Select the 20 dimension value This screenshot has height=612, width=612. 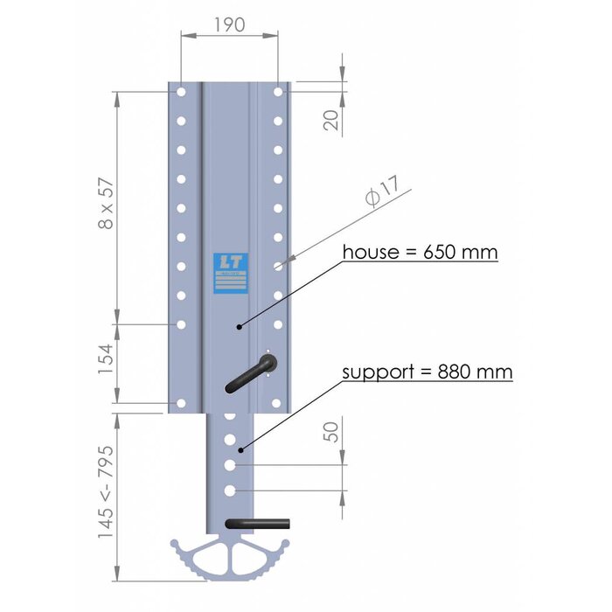pyautogui.click(x=330, y=119)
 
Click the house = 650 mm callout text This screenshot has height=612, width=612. pyautogui.click(x=420, y=253)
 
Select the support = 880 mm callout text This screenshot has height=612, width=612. pyautogui.click(x=427, y=372)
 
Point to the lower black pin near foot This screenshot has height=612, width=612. pyautogui.click(x=260, y=524)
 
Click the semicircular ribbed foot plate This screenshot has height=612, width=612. pyautogui.click(x=229, y=560)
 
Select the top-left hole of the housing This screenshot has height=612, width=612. pyautogui.click(x=181, y=91)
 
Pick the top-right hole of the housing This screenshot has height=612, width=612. pyautogui.click(x=278, y=91)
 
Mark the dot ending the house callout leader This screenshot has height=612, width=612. pyautogui.click(x=239, y=325)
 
